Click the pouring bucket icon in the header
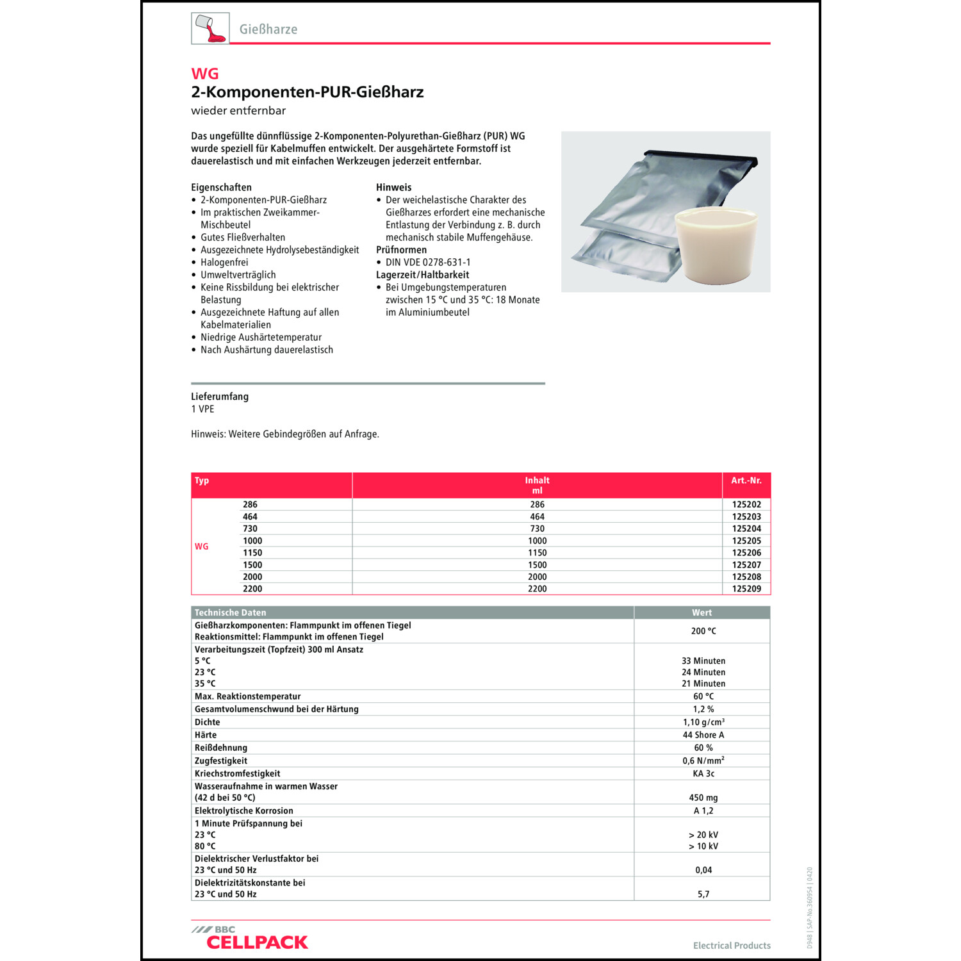[x=210, y=29]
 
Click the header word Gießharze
[x=268, y=29]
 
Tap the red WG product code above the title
[x=205, y=74]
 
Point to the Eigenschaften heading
[x=221, y=187]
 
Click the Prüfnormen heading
[x=401, y=250]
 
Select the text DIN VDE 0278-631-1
[x=428, y=262]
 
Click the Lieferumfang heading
[x=220, y=397]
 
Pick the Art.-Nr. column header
[x=746, y=481]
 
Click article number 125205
[x=746, y=541]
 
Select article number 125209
[x=746, y=589]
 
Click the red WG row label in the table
[x=202, y=546]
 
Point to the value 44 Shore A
[x=703, y=735]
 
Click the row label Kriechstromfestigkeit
[x=238, y=773]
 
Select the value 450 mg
[x=703, y=798]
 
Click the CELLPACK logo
[x=256, y=941]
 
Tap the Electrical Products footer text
[x=732, y=946]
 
